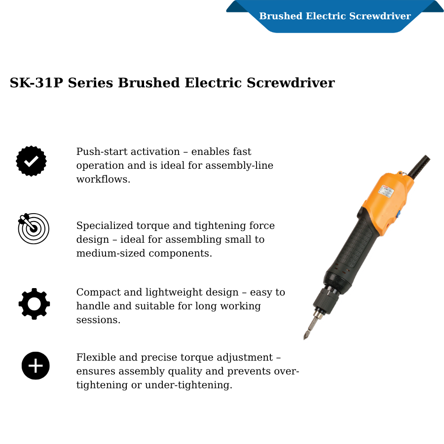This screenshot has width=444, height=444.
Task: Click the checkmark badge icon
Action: pyautogui.click(x=32, y=161)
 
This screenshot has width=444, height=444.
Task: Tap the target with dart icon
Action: pyautogui.click(x=34, y=228)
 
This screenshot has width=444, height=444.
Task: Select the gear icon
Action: pyautogui.click(x=34, y=304)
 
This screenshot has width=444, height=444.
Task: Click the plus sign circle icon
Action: pyautogui.click(x=36, y=366)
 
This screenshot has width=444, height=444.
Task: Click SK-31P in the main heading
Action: pyautogui.click(x=36, y=83)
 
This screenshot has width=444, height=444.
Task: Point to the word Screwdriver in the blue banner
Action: pyautogui.click(x=380, y=16)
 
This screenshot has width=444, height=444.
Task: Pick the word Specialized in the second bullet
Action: pyautogui.click(x=105, y=225)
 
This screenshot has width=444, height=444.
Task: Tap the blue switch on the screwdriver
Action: pyautogui.click(x=398, y=215)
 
